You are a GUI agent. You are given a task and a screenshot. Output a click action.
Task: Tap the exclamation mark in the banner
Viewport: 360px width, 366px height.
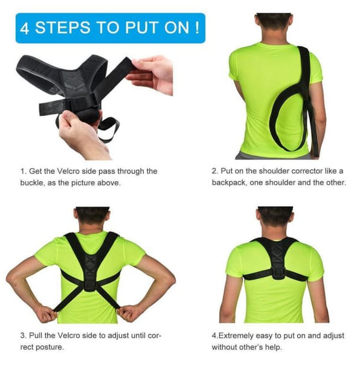[198, 28]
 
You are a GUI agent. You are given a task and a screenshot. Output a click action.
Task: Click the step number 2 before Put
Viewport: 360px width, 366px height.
[214, 172]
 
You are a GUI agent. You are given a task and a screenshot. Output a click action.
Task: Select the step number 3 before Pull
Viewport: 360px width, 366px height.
[22, 336]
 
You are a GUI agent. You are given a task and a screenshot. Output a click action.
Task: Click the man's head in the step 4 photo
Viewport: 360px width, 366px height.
[275, 217]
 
